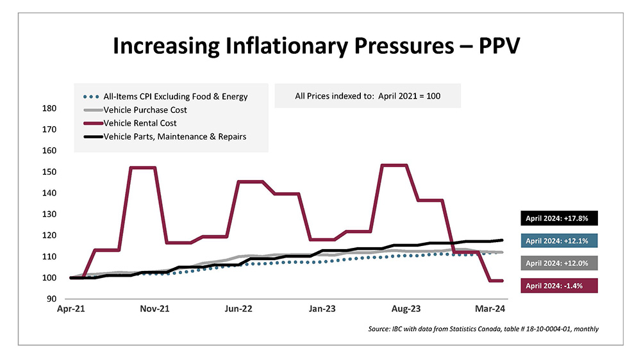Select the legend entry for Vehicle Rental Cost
pyautogui.click(x=140, y=122)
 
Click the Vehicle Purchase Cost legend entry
pyautogui.click(x=146, y=110)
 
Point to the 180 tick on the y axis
pyautogui.click(x=48, y=108)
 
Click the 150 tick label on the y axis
pyautogui.click(x=48, y=172)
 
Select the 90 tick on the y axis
pyautogui.click(x=50, y=299)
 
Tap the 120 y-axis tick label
pyautogui.click(x=48, y=236)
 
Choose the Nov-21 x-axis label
pyautogui.click(x=154, y=309)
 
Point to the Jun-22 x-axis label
pyautogui.click(x=238, y=309)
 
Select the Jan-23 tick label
pyautogui.click(x=322, y=309)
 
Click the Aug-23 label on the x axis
pyautogui.click(x=406, y=309)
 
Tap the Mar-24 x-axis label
pyautogui.click(x=489, y=309)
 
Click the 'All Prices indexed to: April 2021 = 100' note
pyautogui.click(x=368, y=97)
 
